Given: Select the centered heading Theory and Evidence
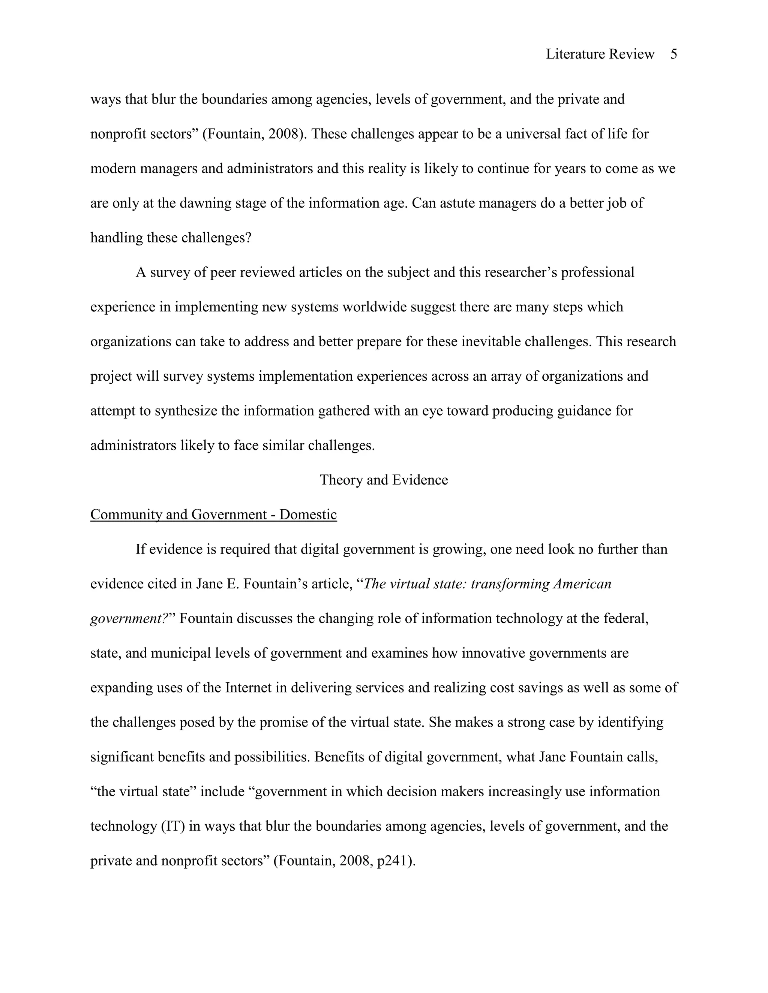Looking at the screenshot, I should click(384, 480).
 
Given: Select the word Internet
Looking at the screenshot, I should click(248, 688).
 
